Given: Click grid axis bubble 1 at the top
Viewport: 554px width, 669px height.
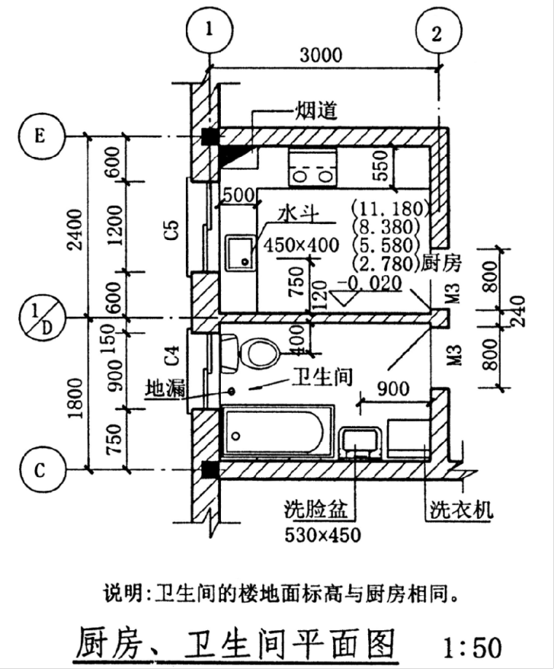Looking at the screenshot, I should click(x=210, y=30).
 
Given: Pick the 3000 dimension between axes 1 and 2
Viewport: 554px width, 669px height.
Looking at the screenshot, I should click(x=320, y=55).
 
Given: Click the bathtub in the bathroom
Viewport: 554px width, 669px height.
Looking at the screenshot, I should click(x=277, y=435).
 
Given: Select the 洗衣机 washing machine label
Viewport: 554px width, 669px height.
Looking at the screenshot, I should click(x=460, y=508).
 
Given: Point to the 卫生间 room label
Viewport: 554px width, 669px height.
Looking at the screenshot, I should click(x=321, y=376).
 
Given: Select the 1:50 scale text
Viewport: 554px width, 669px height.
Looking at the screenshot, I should click(x=473, y=646).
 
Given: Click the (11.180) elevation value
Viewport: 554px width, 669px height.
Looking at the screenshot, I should click(x=389, y=206).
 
